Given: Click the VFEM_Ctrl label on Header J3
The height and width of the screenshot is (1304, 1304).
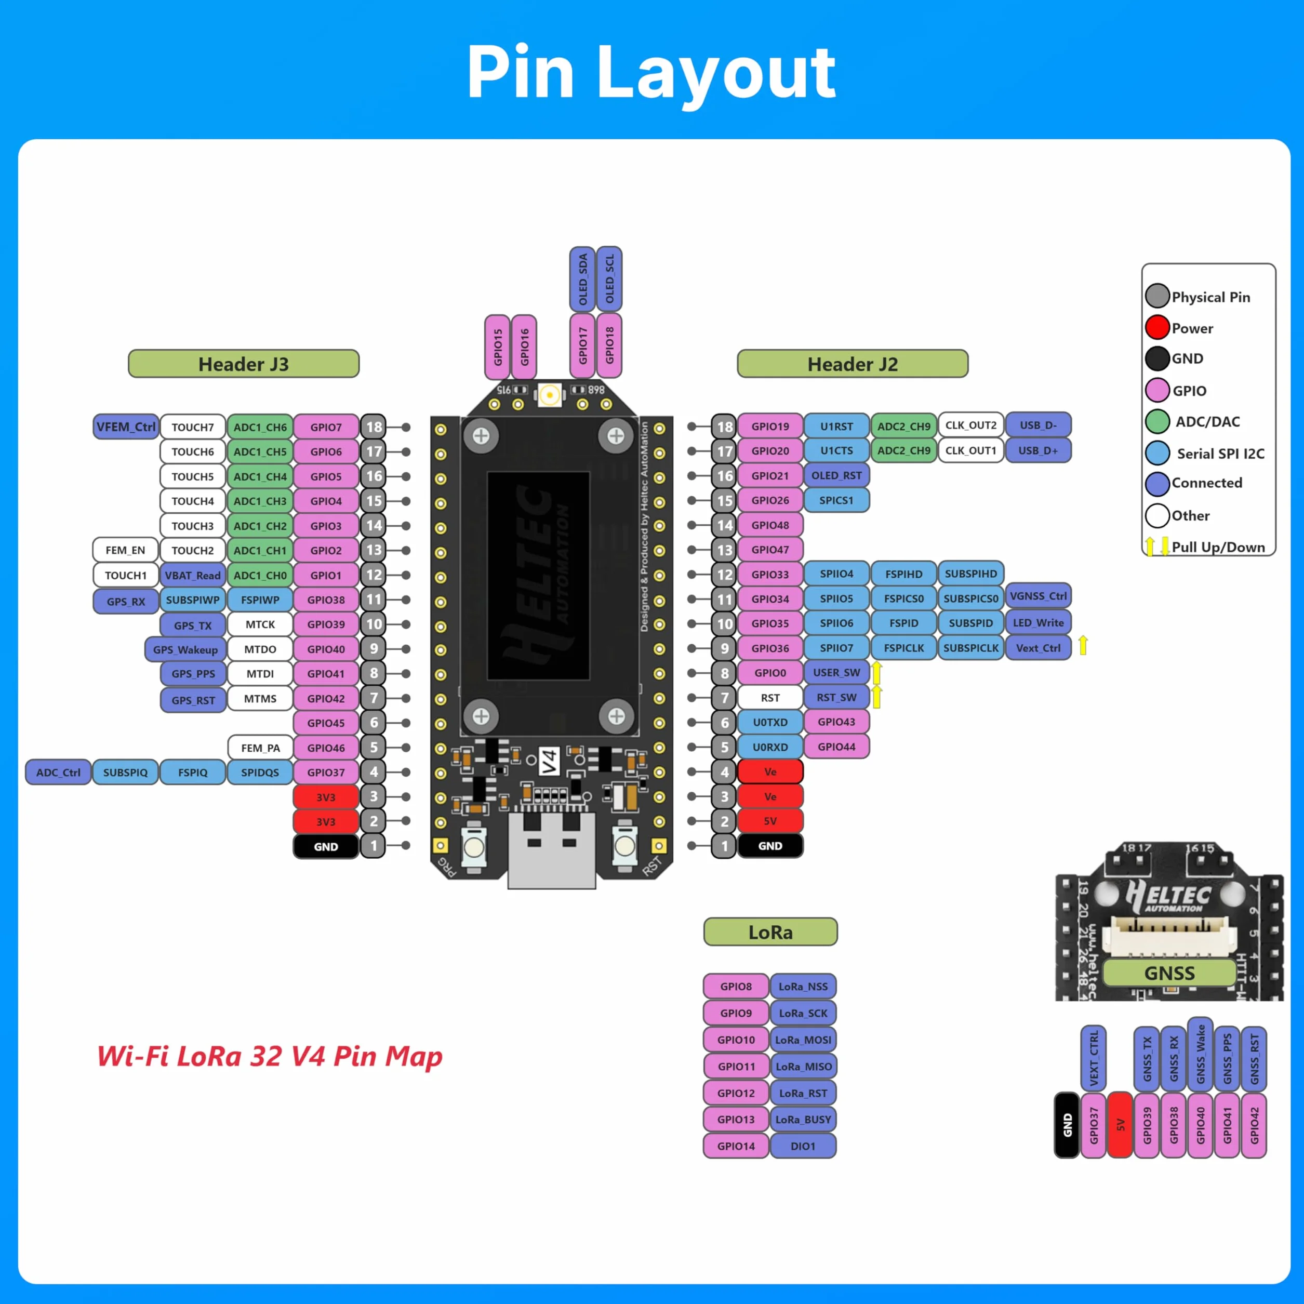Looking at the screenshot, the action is click(x=126, y=427).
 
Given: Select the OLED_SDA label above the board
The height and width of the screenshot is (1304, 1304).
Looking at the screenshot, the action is click(x=582, y=280).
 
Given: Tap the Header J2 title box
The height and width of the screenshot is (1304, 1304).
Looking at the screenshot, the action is click(x=853, y=364).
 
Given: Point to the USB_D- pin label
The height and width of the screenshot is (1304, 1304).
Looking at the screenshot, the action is click(x=1038, y=425).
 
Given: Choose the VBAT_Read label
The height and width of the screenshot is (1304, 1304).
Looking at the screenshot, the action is click(x=192, y=575).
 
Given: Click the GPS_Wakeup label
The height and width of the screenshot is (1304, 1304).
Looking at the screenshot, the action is click(x=185, y=649).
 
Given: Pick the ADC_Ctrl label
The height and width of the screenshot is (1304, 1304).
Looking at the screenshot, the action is click(x=58, y=772).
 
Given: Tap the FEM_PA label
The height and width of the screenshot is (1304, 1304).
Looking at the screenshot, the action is click(x=260, y=748).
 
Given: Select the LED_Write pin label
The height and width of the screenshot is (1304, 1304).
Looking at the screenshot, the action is click(x=1038, y=623).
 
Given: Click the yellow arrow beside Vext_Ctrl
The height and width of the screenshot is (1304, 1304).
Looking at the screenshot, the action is click(x=1083, y=645).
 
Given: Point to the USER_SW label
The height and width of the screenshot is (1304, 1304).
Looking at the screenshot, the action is click(x=836, y=672).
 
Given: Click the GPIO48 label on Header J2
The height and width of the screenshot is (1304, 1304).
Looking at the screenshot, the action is click(x=770, y=525).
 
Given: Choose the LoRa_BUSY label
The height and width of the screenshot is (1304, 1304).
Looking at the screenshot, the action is click(x=803, y=1120).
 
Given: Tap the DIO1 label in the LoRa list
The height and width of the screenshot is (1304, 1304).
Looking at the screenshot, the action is click(x=803, y=1146).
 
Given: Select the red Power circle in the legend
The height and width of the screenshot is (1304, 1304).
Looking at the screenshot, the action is click(x=1157, y=327).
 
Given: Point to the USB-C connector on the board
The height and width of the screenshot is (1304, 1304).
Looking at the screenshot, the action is click(x=551, y=850).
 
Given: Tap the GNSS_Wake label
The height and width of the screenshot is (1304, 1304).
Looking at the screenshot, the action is click(x=1201, y=1054).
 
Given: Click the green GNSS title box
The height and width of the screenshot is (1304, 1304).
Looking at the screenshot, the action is click(x=1169, y=973).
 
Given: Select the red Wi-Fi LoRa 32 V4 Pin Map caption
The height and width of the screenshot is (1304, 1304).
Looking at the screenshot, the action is click(x=269, y=1056).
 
